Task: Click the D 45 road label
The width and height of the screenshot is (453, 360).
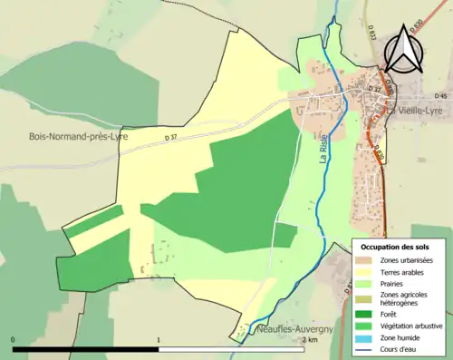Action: point(441,96)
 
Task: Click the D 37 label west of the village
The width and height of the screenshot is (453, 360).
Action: point(171,137)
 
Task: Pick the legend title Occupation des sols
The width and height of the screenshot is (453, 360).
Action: point(395,247)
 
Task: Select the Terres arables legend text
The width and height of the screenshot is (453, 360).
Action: point(402,271)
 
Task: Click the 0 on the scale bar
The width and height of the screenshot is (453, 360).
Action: point(13,341)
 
